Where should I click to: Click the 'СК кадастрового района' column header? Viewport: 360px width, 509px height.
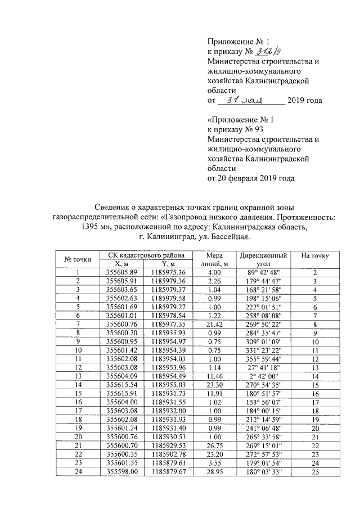[x=142, y=255]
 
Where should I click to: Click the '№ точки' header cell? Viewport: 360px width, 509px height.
[x=78, y=259]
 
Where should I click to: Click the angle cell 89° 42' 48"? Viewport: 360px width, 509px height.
[x=262, y=272]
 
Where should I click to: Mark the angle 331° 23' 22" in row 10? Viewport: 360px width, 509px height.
[x=262, y=350]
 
